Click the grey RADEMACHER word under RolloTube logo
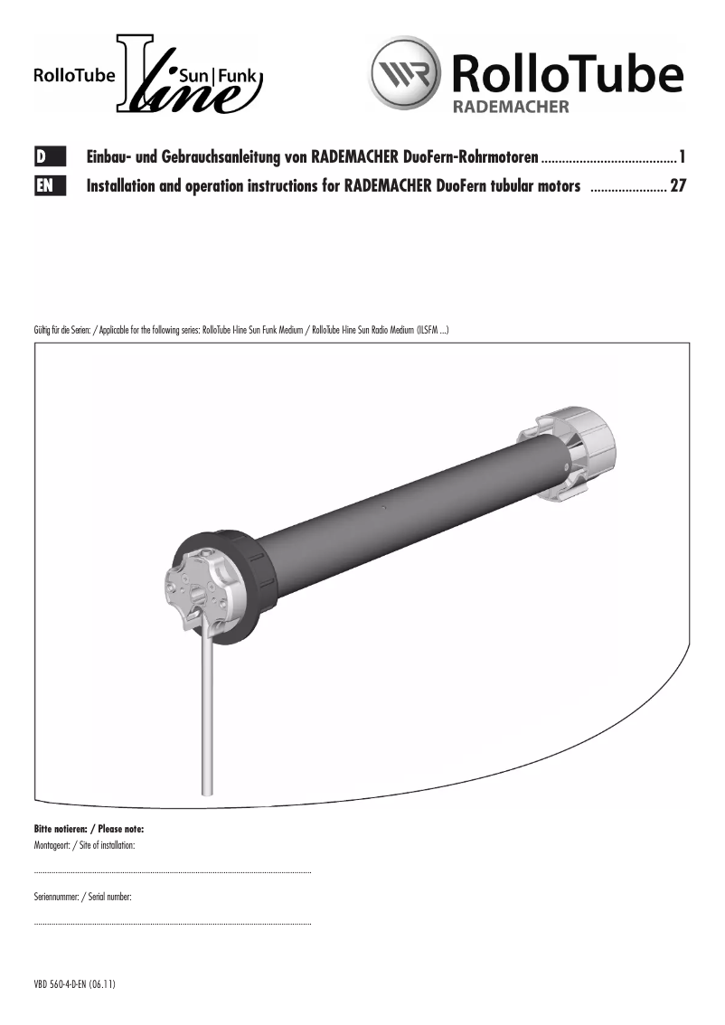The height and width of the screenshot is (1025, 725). [510, 107]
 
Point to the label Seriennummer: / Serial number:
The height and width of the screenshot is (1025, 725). [82, 896]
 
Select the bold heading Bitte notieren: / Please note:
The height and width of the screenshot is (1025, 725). [89, 829]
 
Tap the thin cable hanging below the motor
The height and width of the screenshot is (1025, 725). [207, 714]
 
